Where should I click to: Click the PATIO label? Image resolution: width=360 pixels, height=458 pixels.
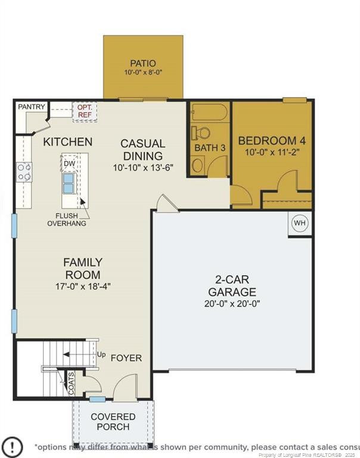[x=143, y=63]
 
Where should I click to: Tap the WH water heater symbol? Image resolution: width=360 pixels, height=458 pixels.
[x=299, y=224]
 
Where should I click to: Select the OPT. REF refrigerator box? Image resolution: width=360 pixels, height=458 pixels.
[x=84, y=112]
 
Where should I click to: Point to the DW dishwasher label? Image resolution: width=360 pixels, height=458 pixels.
[x=70, y=163]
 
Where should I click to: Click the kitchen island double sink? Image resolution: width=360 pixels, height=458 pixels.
[x=69, y=182]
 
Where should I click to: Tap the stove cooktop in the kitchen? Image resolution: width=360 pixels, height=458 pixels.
[x=24, y=172]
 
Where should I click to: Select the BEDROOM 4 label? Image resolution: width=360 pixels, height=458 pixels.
[x=272, y=141]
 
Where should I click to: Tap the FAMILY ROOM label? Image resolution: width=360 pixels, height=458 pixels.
[x=83, y=268]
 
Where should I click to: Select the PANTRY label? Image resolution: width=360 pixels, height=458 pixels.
[x=32, y=107]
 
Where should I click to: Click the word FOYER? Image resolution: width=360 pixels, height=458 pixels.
[x=126, y=358]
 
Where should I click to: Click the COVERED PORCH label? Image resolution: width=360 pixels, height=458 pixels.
[x=113, y=422]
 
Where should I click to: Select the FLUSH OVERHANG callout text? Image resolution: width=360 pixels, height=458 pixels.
[x=67, y=219]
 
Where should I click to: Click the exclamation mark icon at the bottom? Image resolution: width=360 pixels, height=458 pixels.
[x=13, y=446]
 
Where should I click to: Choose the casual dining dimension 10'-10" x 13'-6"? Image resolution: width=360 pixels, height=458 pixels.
[x=142, y=168]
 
